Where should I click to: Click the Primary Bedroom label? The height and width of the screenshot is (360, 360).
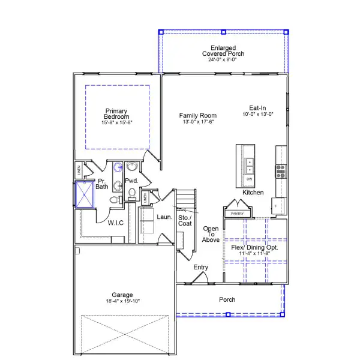(117, 114)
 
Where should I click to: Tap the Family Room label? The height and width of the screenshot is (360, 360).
(197, 115)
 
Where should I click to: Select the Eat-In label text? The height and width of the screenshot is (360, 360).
(258, 108)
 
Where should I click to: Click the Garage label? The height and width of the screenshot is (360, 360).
(122, 295)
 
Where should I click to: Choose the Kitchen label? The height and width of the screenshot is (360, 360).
(253, 193)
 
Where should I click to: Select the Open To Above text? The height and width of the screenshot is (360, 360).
(211, 234)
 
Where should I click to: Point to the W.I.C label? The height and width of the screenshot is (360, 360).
(116, 223)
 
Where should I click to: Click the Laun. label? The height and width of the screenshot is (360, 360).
(164, 217)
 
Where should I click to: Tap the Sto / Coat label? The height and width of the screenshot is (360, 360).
(185, 220)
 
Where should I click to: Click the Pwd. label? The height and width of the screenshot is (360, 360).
(132, 181)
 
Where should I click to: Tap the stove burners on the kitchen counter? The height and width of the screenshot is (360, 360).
(280, 172)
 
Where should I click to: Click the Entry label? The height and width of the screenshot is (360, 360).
(201, 267)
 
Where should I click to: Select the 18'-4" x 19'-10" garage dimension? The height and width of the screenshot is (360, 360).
(122, 302)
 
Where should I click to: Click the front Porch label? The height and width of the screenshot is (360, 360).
(227, 299)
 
